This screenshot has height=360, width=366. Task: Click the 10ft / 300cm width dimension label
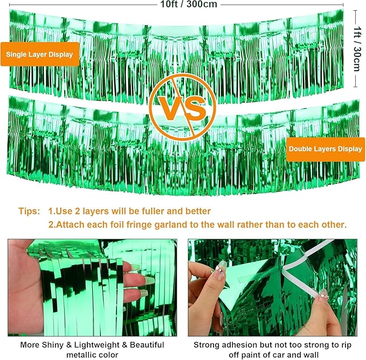coord(188,4)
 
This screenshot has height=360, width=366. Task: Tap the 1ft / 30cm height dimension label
coord(357,49)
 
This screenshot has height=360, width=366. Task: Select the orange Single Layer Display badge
coord(40,54)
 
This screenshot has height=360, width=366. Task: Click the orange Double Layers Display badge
coord(326,149)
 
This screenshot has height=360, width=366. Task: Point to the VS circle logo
coord(182,107)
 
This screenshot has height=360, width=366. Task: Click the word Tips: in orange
coord(29,211)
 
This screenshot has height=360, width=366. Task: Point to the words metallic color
coord(92,355)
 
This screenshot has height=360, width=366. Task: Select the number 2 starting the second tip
coord(51,225)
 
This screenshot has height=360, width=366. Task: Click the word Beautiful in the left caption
coord(147,345)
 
